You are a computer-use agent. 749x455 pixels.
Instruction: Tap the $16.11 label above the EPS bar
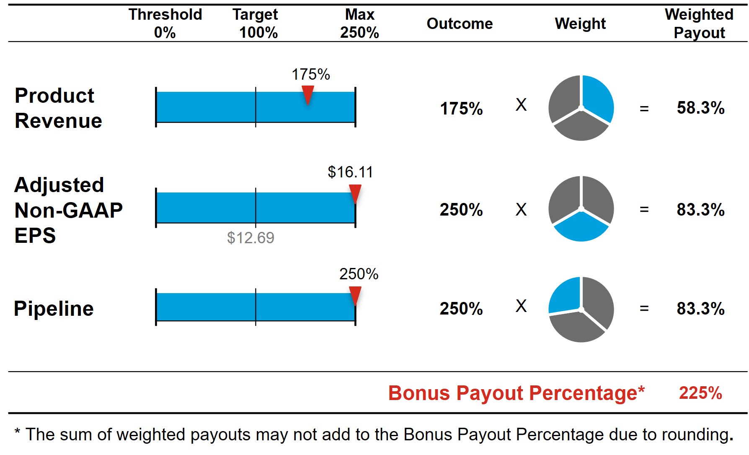(x=350, y=172)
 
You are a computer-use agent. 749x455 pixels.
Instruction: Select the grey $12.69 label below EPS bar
(x=251, y=238)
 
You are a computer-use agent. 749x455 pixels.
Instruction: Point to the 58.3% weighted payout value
(x=700, y=108)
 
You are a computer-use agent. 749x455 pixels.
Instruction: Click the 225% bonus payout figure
(x=700, y=393)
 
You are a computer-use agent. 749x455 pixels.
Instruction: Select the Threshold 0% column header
(x=165, y=23)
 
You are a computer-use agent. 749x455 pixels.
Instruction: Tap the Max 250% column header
(x=359, y=23)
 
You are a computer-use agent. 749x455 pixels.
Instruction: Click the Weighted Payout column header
(x=699, y=23)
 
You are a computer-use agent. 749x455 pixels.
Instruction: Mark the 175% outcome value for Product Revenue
(x=461, y=109)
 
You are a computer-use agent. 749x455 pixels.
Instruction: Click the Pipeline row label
(x=54, y=309)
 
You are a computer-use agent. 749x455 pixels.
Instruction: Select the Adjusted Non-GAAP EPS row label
(x=68, y=210)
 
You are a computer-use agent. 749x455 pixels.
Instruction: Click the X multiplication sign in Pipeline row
(x=521, y=306)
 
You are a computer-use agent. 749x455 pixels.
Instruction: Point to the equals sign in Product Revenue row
(x=644, y=109)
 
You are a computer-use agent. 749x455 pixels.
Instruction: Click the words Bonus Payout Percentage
(x=516, y=393)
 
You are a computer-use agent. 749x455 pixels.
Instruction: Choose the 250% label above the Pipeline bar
(x=359, y=274)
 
